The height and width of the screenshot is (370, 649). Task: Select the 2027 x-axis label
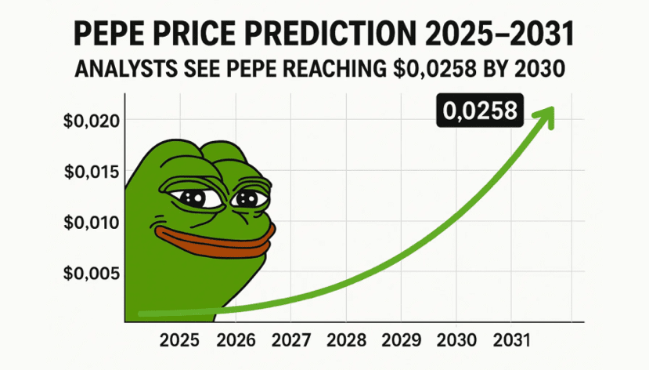[290, 341]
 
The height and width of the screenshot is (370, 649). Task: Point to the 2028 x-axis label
[346, 341]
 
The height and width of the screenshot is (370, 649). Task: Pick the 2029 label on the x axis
[401, 341]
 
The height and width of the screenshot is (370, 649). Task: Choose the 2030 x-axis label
[456, 341]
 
